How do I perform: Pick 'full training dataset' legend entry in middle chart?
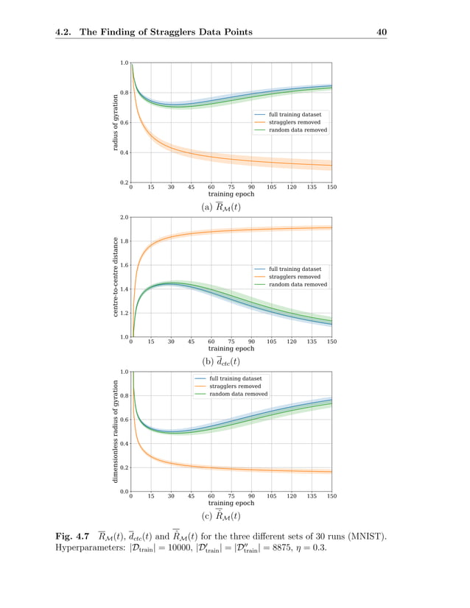point(295,269)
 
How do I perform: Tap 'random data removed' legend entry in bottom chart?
point(238,394)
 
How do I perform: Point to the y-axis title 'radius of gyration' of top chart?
point(116,122)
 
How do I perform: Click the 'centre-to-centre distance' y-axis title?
point(116,277)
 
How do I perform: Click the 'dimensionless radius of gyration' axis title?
point(116,431)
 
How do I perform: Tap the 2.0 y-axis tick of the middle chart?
point(124,218)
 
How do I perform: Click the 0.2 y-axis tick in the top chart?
point(124,182)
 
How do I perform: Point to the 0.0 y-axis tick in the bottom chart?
point(124,491)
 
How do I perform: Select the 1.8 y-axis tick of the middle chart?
point(124,241)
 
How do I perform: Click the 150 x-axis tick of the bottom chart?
point(332,497)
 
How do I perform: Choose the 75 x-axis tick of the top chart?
point(231,188)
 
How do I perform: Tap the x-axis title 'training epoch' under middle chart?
point(231,348)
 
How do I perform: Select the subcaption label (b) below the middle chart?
point(208,362)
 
